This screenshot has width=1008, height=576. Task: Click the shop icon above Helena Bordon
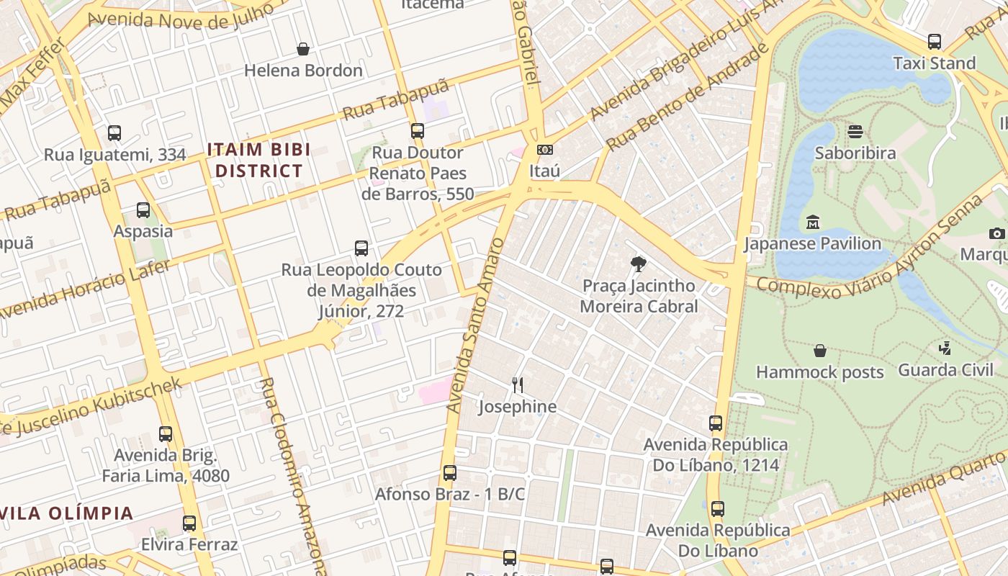pyautogui.click(x=303, y=49)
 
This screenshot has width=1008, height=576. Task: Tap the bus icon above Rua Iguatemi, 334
pyautogui.click(x=114, y=132)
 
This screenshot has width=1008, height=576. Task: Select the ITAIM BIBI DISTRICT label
pyautogui.click(x=258, y=161)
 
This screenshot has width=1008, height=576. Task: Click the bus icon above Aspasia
pyautogui.click(x=143, y=210)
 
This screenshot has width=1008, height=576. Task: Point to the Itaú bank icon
pyautogui.click(x=544, y=150)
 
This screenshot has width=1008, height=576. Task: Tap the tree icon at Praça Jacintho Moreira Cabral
pyautogui.click(x=638, y=264)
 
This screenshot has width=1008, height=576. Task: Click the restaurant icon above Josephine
pyautogui.click(x=517, y=384)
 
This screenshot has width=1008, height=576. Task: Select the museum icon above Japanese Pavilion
pyautogui.click(x=813, y=222)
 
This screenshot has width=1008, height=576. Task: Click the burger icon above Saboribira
pyautogui.click(x=855, y=132)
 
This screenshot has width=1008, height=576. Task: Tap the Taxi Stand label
pyautogui.click(x=934, y=63)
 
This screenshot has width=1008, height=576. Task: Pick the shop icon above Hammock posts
pyautogui.click(x=819, y=351)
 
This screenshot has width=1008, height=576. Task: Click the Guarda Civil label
pyautogui.click(x=946, y=370)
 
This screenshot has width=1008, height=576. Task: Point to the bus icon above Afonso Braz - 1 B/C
pyautogui.click(x=450, y=473)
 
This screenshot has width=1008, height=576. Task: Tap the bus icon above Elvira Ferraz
pyautogui.click(x=189, y=523)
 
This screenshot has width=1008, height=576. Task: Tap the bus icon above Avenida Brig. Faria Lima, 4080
pyautogui.click(x=166, y=434)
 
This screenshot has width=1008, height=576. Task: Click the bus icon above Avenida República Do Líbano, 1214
pyautogui.click(x=715, y=423)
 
